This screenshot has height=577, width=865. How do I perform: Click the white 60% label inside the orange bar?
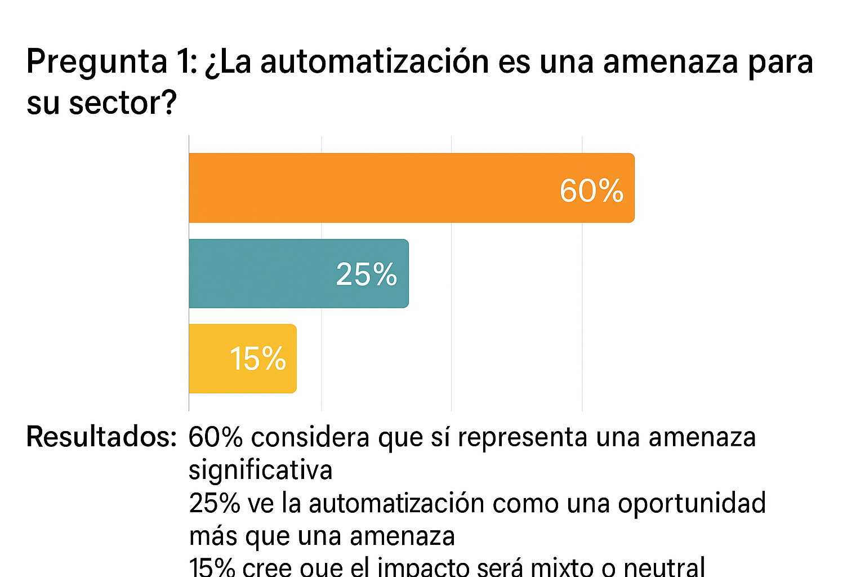click(x=591, y=190)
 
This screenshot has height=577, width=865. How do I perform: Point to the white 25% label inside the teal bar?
click(x=367, y=274)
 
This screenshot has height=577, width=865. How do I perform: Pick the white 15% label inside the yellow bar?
click(x=258, y=359)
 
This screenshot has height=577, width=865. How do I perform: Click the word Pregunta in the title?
click(x=97, y=62)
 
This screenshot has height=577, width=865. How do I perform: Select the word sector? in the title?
click(x=123, y=103)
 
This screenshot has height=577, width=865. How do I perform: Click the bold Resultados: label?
click(x=101, y=437)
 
